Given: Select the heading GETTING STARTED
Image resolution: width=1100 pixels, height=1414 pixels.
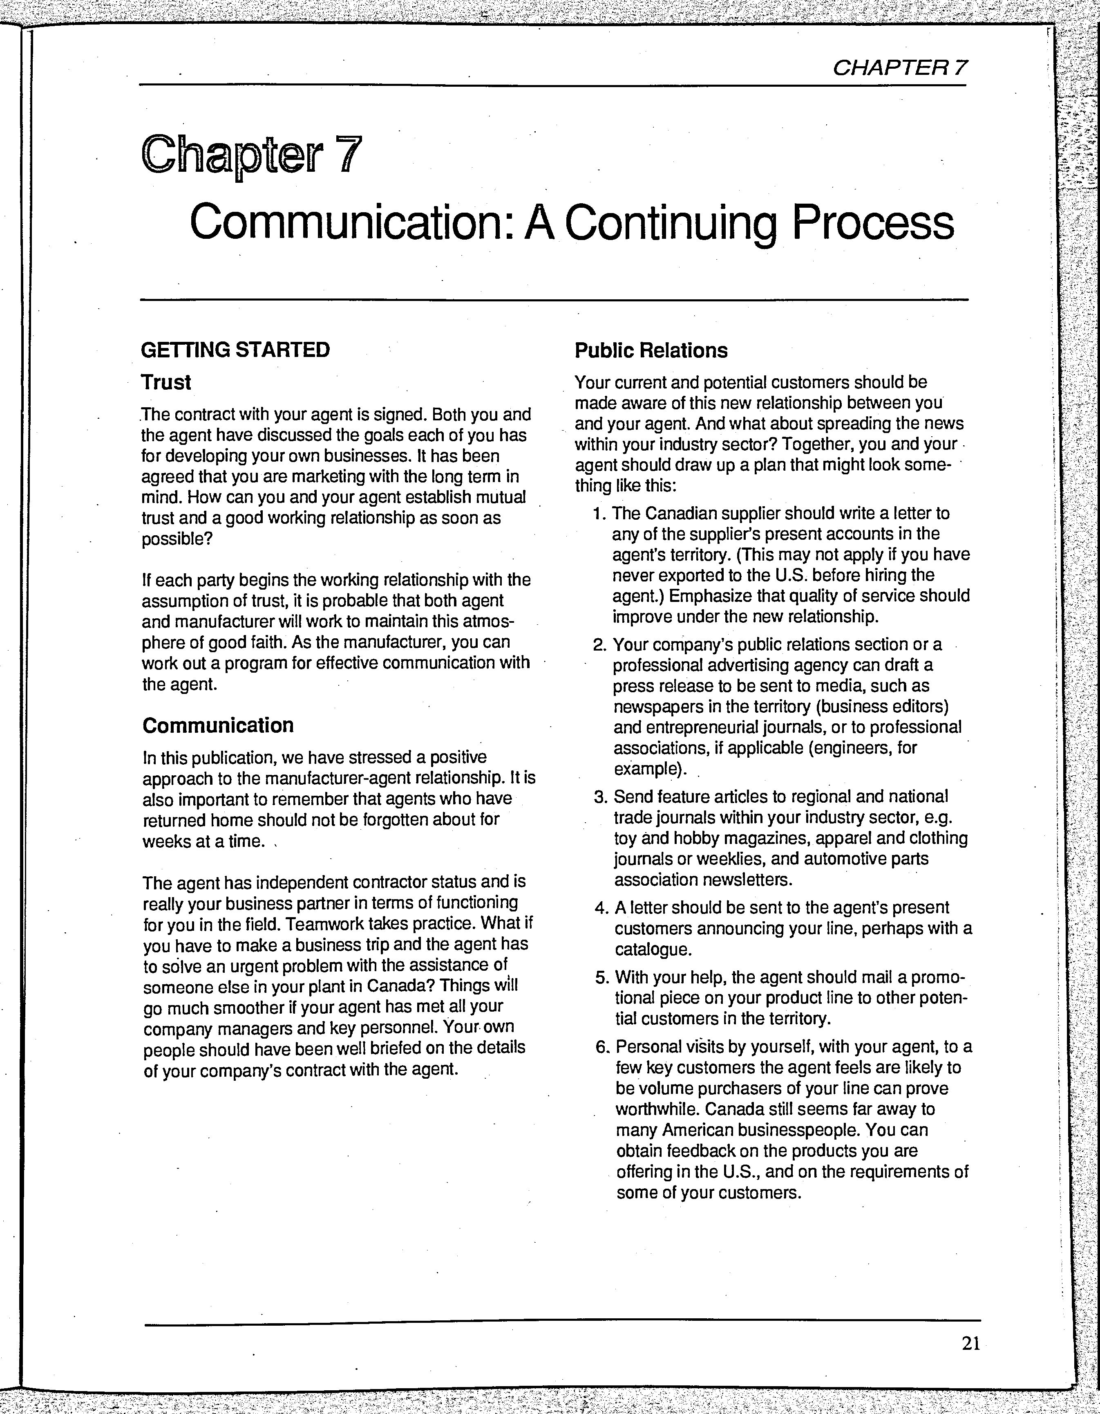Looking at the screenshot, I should [x=235, y=350].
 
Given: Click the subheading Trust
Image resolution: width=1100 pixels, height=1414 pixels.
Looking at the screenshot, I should [x=166, y=383].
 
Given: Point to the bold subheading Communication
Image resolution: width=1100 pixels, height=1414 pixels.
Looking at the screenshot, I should [x=218, y=725].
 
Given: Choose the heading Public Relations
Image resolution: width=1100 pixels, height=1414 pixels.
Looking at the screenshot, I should [x=651, y=351].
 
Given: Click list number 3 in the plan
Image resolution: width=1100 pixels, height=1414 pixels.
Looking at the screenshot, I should [x=600, y=797].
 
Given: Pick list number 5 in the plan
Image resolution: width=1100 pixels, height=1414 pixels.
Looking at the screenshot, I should [x=601, y=978].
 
